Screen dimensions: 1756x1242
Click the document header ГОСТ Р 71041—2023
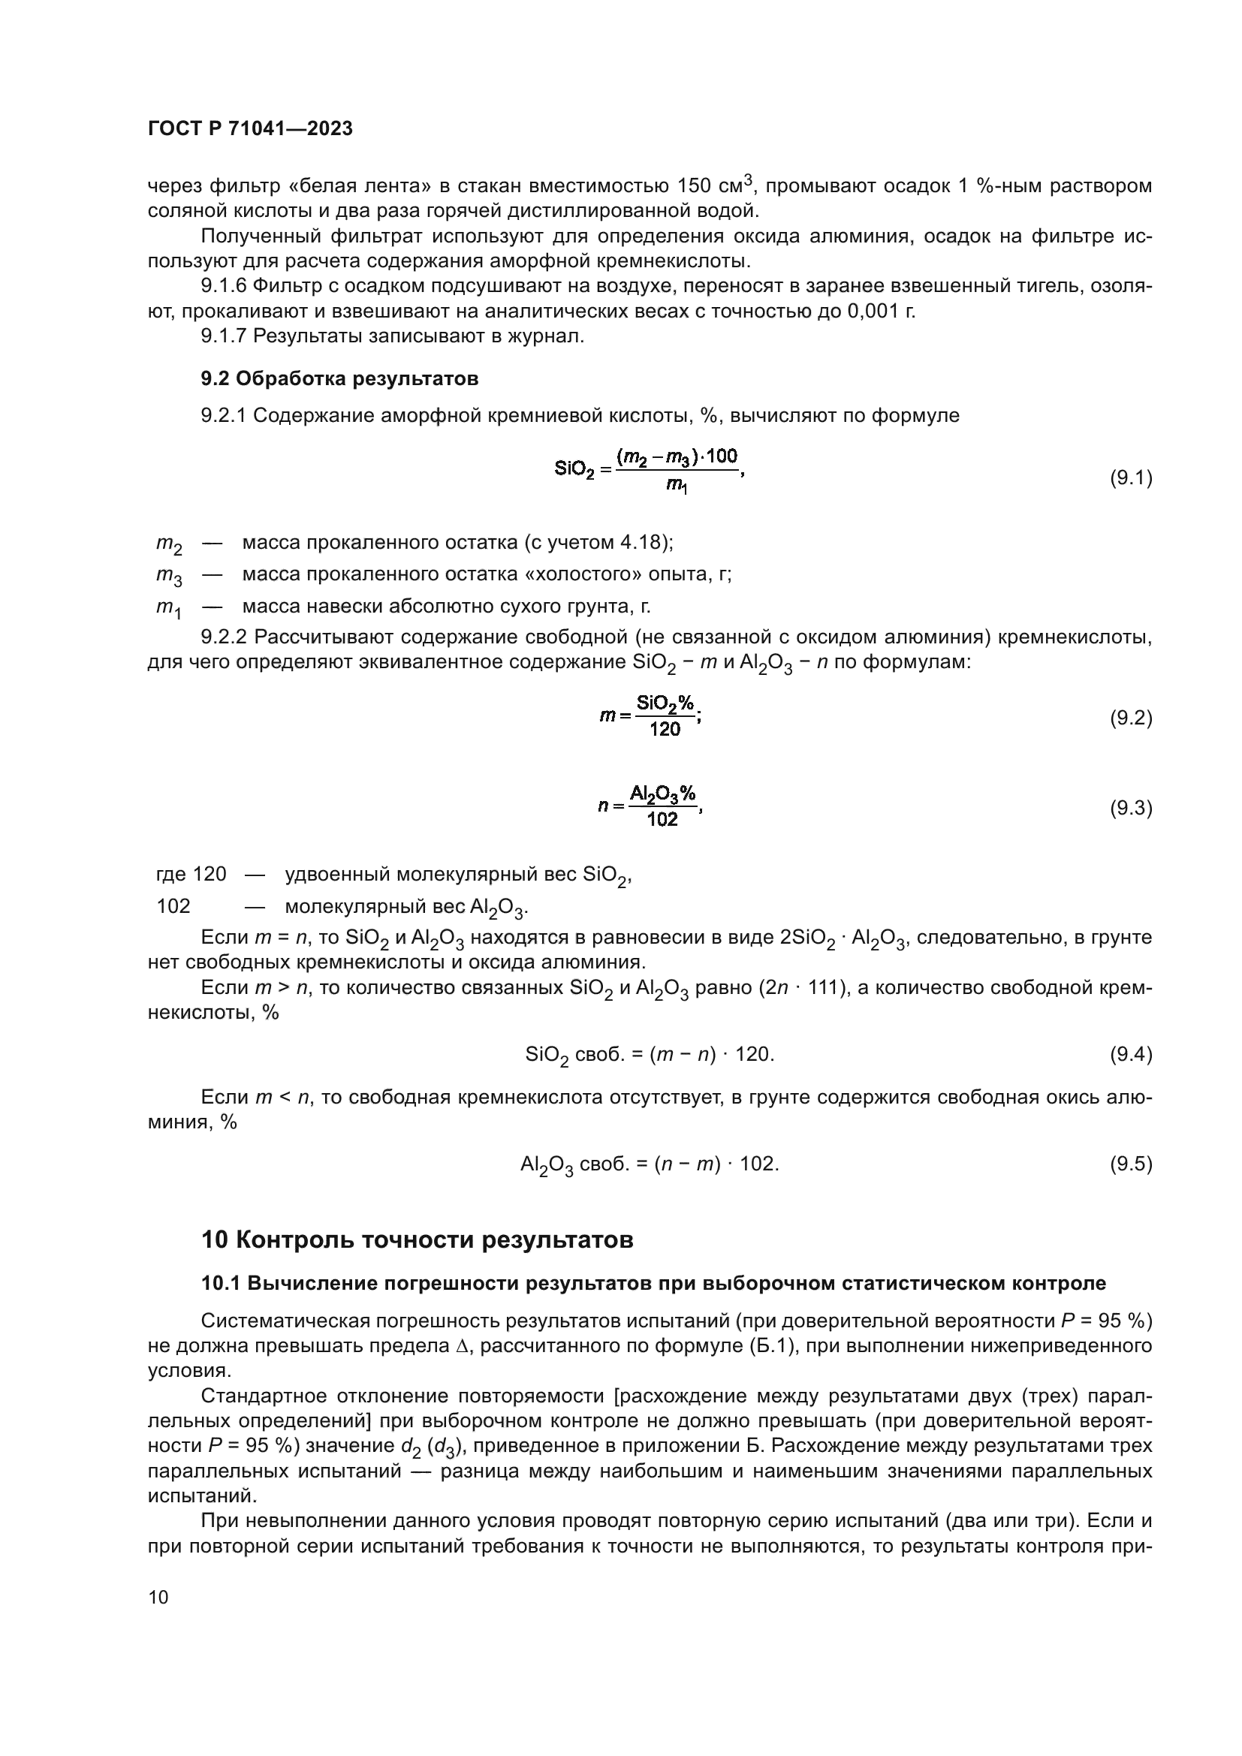coord(250,128)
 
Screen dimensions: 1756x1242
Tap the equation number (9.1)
coord(1130,478)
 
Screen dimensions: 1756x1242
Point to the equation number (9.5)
coord(1130,1164)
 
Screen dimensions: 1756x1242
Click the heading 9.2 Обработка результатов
coord(339,378)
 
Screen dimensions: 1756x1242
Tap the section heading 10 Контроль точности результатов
coord(417,1239)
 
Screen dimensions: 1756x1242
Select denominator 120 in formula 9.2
coord(664,729)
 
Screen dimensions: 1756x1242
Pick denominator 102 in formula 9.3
coord(662,820)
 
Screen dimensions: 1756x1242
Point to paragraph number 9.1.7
coord(223,336)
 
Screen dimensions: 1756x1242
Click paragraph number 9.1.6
coord(223,286)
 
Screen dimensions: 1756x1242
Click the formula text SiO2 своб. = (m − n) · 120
coord(650,1055)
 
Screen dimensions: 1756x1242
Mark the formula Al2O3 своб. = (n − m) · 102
coord(650,1164)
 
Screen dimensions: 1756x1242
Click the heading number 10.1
coord(220,1283)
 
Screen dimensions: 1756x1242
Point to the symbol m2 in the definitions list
coord(169,544)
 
